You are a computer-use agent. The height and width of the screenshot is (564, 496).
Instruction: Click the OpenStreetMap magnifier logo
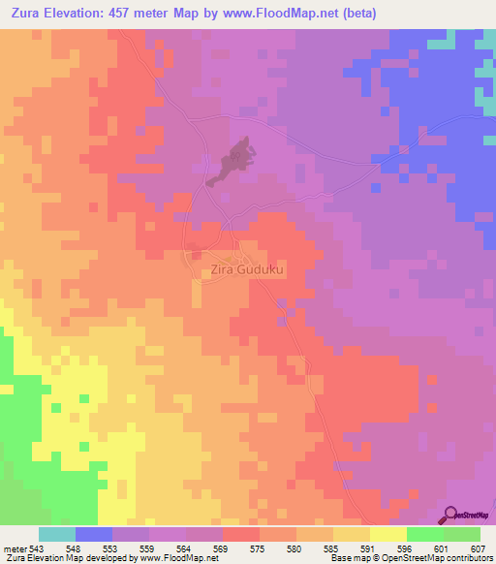[x=449, y=515]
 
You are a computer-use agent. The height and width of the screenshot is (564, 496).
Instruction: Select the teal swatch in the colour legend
[x=56, y=534]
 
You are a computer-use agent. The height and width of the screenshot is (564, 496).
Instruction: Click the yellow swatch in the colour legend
[x=387, y=534]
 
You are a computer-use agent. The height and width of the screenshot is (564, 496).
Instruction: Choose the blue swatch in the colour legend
[x=94, y=534]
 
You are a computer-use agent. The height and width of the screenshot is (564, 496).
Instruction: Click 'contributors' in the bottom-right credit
[x=466, y=558]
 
